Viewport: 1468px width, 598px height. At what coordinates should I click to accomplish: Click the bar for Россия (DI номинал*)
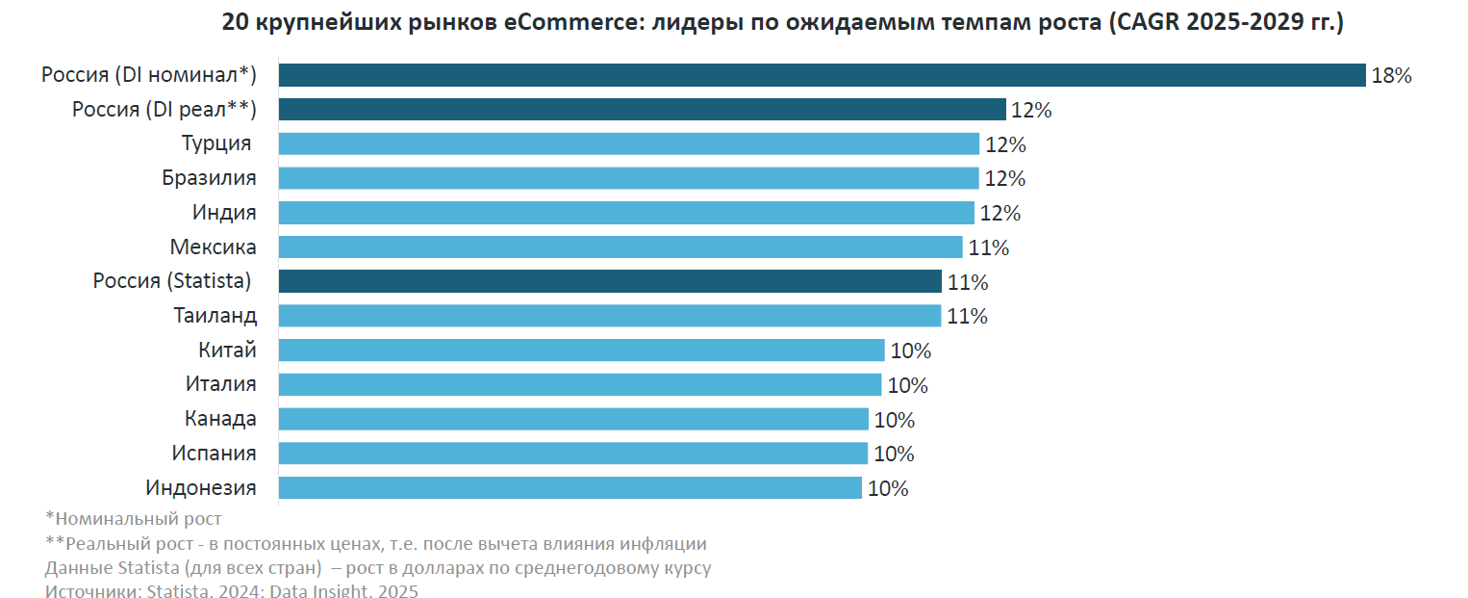tap(823, 75)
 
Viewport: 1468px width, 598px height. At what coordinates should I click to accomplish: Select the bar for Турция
tap(629, 144)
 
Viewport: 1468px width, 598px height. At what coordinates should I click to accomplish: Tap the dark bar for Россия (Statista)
tap(610, 281)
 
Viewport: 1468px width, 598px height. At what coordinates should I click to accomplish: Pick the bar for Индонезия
tap(570, 488)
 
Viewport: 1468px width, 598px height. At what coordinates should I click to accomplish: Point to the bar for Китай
tap(582, 351)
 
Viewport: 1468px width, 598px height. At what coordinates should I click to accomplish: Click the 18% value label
tap(1391, 76)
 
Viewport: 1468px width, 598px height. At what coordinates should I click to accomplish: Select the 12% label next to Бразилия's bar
tap(1004, 179)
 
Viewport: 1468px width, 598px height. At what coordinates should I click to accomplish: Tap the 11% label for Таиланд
tap(967, 317)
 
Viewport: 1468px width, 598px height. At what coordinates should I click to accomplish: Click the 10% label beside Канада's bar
tap(894, 420)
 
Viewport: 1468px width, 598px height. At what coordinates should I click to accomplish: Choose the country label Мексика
tap(214, 247)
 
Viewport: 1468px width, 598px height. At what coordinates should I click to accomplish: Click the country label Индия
tap(225, 213)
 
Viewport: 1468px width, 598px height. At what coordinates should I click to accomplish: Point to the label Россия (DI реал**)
tap(165, 110)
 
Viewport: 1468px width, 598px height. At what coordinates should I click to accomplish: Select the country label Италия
tap(221, 384)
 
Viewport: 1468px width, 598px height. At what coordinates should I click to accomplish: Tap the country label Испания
tap(215, 454)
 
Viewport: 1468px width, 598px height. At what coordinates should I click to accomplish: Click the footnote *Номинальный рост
tap(134, 519)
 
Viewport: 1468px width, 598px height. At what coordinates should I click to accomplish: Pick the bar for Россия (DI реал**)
tap(643, 110)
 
